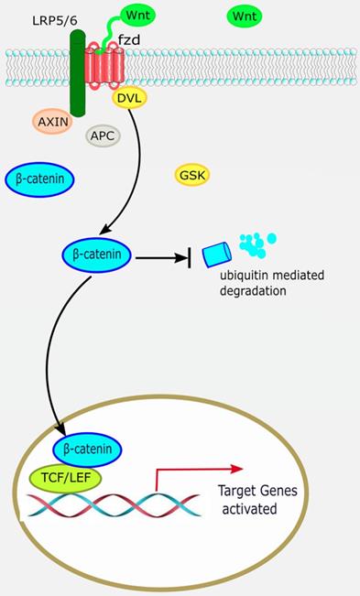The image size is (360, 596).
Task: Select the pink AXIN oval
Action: (54, 120)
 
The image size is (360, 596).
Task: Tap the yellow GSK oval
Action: (193, 174)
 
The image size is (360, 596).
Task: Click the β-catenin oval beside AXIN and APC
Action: (40, 180)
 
